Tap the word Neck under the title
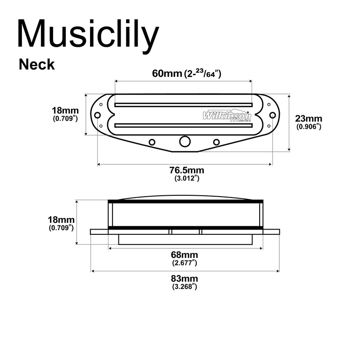(37, 64)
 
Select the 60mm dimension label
(167, 74)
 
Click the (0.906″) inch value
(309, 127)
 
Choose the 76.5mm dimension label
(186, 170)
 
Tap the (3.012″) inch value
(186, 178)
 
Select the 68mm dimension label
(185, 255)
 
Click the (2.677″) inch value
(185, 263)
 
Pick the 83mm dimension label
(185, 279)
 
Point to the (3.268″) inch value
(185, 287)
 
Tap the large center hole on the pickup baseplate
(184, 141)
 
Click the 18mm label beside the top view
(66, 110)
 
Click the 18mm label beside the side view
(61, 220)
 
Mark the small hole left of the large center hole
(152, 142)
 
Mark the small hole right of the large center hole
(216, 142)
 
